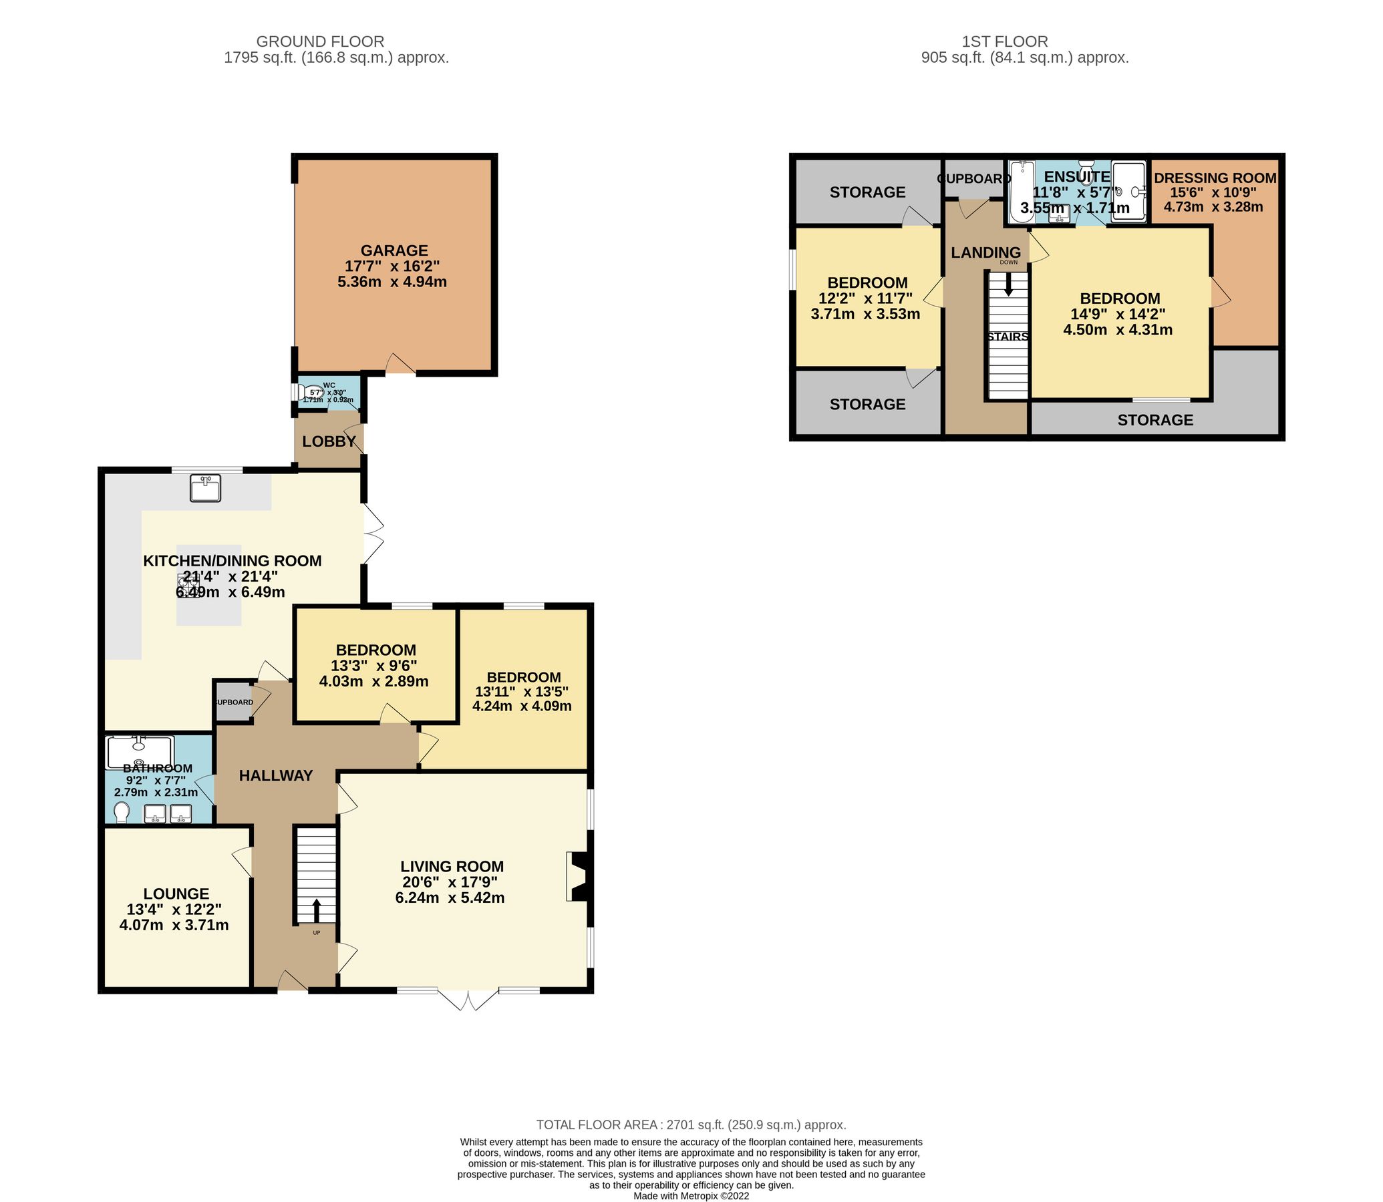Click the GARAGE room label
click(x=394, y=250)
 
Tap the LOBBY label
click(x=329, y=441)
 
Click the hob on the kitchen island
click(x=188, y=582)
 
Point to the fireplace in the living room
click(x=578, y=876)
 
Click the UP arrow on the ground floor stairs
click(x=316, y=910)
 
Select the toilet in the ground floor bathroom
click(x=122, y=813)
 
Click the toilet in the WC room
click(x=313, y=392)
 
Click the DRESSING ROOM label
click(x=1215, y=178)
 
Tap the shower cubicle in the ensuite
click(x=1127, y=191)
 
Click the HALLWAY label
click(x=276, y=775)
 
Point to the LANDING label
click(x=985, y=252)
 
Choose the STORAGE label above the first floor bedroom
click(x=867, y=192)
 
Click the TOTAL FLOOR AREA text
click(x=690, y=1125)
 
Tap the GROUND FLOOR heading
click(x=320, y=41)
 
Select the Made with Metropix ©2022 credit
click(x=691, y=1196)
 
